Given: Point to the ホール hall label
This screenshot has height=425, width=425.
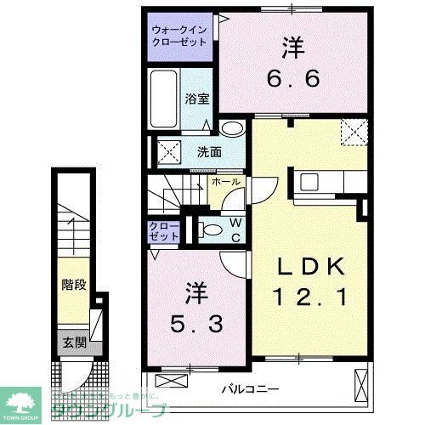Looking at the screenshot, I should [x=225, y=182].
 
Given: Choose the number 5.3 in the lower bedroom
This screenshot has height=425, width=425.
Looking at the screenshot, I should [x=195, y=323].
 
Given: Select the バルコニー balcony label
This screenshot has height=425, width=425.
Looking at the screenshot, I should [x=251, y=388].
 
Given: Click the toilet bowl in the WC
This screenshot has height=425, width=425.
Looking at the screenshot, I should [x=209, y=229].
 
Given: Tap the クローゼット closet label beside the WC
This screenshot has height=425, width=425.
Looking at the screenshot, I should [x=164, y=232].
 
